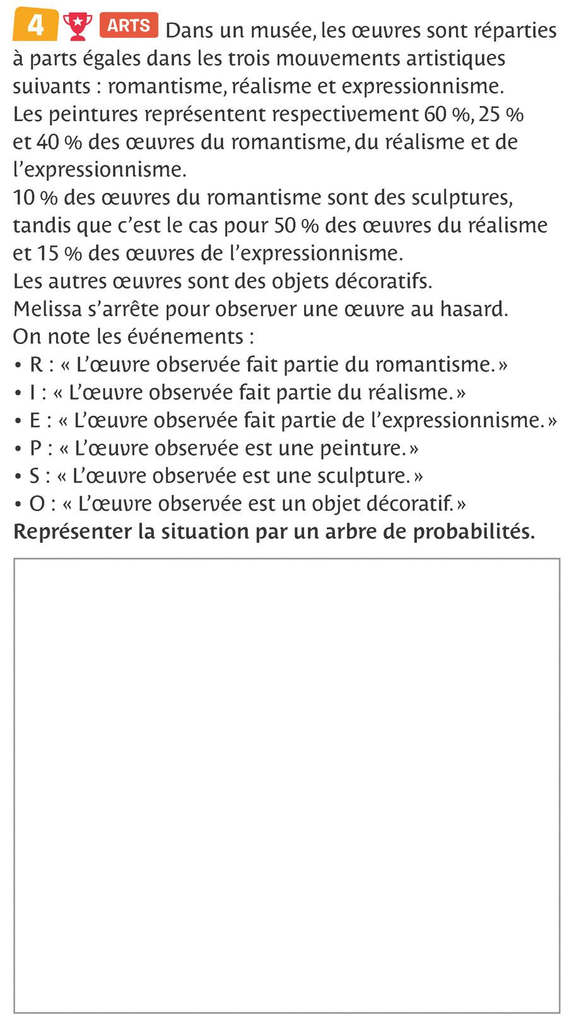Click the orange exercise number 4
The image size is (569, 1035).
point(35,25)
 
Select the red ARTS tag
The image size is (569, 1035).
point(128,25)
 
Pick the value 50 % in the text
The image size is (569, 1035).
point(296,225)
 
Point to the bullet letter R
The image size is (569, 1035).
point(36,365)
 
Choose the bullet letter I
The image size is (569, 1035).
point(33,393)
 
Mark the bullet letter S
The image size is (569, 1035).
point(35,476)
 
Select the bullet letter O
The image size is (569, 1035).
point(37,504)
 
